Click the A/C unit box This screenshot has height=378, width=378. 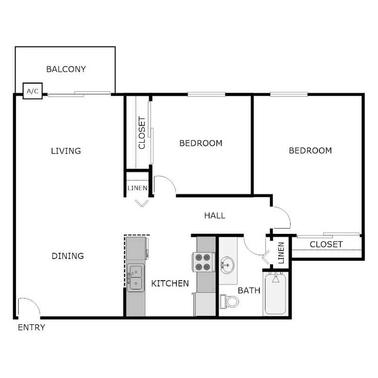pyautogui.click(x=33, y=91)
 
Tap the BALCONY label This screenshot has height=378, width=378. pyautogui.click(x=66, y=69)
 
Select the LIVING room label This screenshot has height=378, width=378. pyautogui.click(x=66, y=151)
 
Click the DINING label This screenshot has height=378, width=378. pyautogui.click(x=67, y=256)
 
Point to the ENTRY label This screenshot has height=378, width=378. pyautogui.click(x=31, y=327)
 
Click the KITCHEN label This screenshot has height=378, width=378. pyautogui.click(x=170, y=283)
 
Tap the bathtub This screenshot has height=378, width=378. pyautogui.click(x=276, y=294)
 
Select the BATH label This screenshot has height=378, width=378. pyautogui.click(x=249, y=290)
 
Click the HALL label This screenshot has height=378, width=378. pyautogui.click(x=215, y=215)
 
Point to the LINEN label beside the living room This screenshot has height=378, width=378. pyautogui.click(x=137, y=188)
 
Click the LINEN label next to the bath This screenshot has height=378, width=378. pyautogui.click(x=281, y=253)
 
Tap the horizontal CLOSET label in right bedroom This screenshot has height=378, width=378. pyautogui.click(x=326, y=244)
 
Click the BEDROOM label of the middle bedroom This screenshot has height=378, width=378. pyautogui.click(x=201, y=143)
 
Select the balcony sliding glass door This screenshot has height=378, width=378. pyautogui.click(x=79, y=94)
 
